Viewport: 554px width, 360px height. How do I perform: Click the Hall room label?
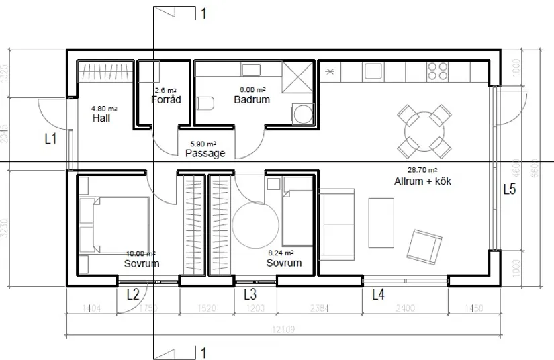click(x=101, y=118)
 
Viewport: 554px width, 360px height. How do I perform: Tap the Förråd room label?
click(x=165, y=100)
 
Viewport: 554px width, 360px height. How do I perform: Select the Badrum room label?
click(x=252, y=100)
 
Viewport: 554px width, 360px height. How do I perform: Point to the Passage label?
click(x=205, y=153)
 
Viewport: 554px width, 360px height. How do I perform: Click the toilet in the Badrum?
click(x=205, y=103)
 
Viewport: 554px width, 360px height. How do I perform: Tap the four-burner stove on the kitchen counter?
click(x=438, y=71)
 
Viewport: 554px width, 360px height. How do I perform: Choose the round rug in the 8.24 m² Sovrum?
click(x=256, y=224)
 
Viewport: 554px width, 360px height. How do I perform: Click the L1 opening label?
click(x=50, y=140)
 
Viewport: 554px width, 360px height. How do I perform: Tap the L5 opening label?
click(x=510, y=189)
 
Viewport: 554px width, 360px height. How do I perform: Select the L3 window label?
click(x=250, y=294)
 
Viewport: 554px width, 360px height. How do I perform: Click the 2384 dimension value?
click(x=320, y=309)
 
